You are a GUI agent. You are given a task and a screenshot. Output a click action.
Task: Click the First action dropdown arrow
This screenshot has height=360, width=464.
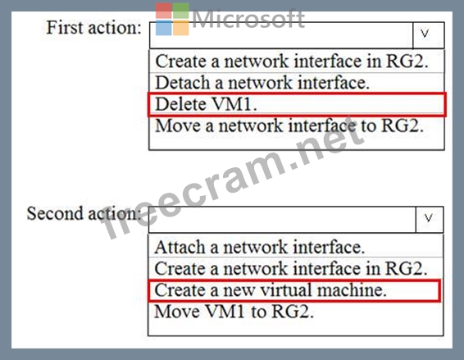point(428,35)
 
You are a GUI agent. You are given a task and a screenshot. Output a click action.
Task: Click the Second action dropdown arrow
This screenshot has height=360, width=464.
point(430,220)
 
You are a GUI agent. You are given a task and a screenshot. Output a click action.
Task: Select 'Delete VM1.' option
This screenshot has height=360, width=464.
point(206,104)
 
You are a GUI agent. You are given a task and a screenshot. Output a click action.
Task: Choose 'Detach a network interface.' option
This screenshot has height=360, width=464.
point(262,83)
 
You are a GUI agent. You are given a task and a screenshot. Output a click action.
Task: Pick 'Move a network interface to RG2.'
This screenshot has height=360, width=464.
point(289,125)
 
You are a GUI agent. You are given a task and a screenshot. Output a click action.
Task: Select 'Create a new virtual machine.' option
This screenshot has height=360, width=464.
point(271,290)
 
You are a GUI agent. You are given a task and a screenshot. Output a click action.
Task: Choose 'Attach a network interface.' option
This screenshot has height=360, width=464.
point(260,247)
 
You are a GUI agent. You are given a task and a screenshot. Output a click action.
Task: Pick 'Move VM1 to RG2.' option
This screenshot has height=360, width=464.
point(234,312)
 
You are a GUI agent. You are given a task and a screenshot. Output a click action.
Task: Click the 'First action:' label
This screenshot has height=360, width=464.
point(94,28)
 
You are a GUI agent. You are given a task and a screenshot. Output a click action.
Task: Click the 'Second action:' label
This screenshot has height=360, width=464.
point(84,213)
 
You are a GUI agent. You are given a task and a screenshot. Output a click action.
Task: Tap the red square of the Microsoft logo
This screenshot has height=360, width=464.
point(164,11)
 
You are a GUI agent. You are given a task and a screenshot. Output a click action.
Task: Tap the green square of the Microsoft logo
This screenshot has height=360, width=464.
point(181,11)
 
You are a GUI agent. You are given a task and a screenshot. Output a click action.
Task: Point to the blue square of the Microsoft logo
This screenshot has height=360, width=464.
point(164,28)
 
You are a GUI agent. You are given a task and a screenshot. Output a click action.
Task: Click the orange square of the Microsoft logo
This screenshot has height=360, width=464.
point(181,28)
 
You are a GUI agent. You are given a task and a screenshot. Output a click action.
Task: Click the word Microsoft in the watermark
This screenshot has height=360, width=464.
point(248,19)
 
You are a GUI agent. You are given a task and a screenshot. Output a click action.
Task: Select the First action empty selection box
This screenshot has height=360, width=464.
point(281,35)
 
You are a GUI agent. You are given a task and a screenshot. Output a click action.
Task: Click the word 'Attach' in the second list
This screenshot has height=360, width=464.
point(180,247)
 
